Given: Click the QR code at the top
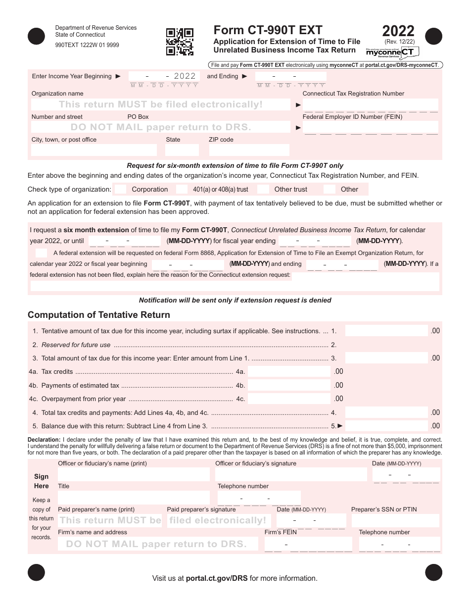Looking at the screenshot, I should [x=179, y=42].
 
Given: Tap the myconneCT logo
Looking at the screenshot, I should [x=392, y=52].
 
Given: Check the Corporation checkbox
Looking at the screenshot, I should [x=120, y=189].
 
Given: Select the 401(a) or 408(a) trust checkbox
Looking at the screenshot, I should [x=182, y=189].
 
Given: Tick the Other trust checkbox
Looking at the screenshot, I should [x=263, y=189].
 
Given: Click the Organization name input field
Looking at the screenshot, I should [x=161, y=104].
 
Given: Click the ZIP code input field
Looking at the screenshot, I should [x=249, y=150].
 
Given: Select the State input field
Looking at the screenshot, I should [x=182, y=150].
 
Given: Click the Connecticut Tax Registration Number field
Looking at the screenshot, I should [x=370, y=104].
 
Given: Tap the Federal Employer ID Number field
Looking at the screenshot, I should [x=370, y=128].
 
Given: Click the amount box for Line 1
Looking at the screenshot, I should [x=386, y=331].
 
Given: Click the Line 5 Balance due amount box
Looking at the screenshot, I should [x=386, y=426].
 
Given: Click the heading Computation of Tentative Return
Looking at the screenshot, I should [x=99, y=315].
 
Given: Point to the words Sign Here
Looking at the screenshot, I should [x=42, y=481].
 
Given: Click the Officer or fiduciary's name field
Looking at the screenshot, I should [x=134, y=474].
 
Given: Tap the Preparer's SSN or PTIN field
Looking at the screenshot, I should [x=395, y=520].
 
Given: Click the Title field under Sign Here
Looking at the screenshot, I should [x=134, y=498].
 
